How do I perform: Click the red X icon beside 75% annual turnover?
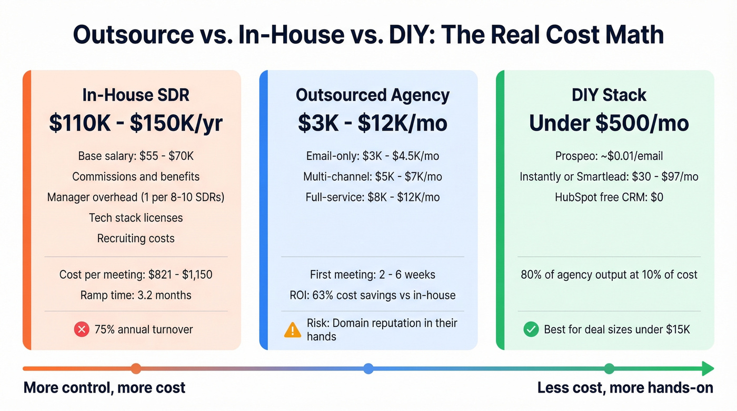click(x=82, y=329)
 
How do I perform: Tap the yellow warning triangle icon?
click(x=292, y=329)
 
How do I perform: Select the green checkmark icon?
click(x=531, y=329)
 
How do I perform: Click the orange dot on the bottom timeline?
click(x=136, y=368)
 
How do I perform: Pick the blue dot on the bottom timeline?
click(x=368, y=368)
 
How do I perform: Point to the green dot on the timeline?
click(x=609, y=368)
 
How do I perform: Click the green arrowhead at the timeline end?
click(x=708, y=368)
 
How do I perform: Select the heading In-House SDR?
click(x=136, y=95)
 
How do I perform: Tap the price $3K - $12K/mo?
click(x=372, y=123)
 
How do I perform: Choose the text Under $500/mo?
click(x=609, y=123)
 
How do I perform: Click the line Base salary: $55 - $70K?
click(x=136, y=156)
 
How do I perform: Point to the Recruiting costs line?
click(x=136, y=238)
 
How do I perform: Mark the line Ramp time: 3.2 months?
click(x=136, y=295)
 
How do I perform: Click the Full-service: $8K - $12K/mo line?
click(x=372, y=197)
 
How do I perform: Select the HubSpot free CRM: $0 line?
click(x=609, y=197)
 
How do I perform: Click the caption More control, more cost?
click(x=105, y=388)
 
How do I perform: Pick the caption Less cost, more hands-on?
click(x=625, y=388)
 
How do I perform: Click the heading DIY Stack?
click(x=609, y=95)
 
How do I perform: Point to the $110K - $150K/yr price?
click(x=136, y=123)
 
